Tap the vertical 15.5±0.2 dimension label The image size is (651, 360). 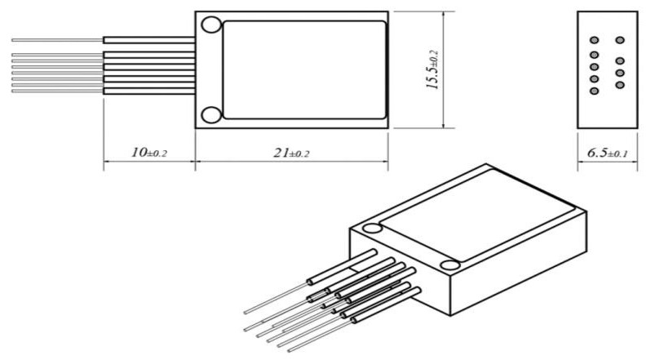click(x=432, y=71)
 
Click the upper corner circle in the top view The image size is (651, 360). click(x=210, y=24)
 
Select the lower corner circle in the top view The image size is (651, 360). click(x=210, y=114)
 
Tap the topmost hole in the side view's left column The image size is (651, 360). click(x=595, y=39)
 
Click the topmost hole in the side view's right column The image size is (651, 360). click(x=620, y=39)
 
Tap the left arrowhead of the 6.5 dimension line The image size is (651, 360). click(x=580, y=162)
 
